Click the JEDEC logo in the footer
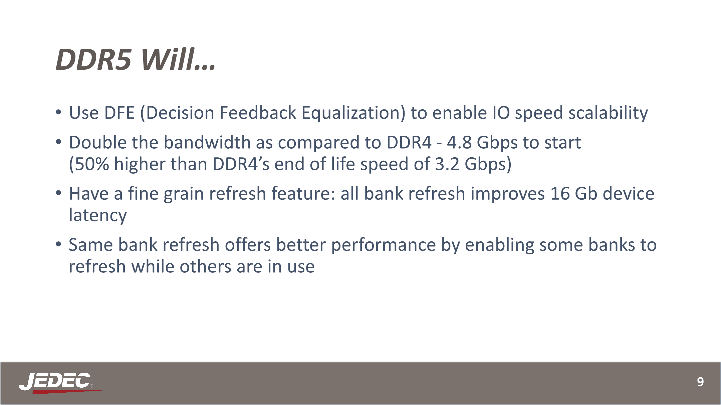[60, 383]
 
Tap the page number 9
[700, 382]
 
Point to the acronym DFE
[119, 113]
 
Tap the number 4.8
[459, 143]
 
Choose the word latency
[98, 216]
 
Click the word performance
[384, 246]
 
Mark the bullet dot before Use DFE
[58, 112]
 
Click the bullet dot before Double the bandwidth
[58, 142]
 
